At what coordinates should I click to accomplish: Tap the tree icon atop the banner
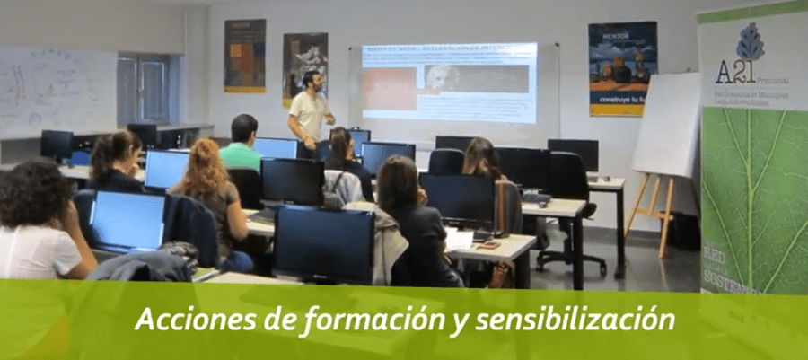pyautogui.click(x=750, y=41)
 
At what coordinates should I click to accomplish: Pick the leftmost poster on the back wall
pyautogui.click(x=244, y=56)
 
